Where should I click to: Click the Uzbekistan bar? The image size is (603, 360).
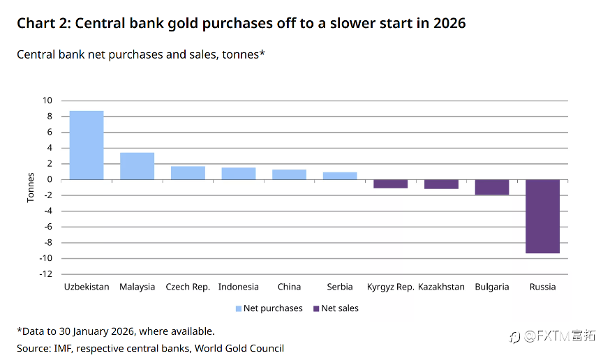(x=87, y=145)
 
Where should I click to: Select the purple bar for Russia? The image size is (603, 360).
(x=542, y=216)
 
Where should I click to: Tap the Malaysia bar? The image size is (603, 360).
(x=137, y=166)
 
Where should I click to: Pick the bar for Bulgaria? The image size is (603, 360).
(x=492, y=187)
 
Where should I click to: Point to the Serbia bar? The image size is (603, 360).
(x=340, y=176)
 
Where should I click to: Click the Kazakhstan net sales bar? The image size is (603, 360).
(x=441, y=184)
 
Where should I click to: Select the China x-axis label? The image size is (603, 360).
(x=289, y=287)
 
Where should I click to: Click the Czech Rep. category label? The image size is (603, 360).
(x=188, y=287)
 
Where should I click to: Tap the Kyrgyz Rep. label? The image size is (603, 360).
(x=390, y=287)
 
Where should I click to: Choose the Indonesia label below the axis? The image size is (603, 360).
(x=238, y=287)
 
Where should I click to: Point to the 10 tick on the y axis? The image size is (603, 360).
(x=47, y=100)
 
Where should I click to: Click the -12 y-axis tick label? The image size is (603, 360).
(x=46, y=274)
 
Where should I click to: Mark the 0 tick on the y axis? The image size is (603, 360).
(x=50, y=179)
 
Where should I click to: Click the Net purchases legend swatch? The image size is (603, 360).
(x=238, y=308)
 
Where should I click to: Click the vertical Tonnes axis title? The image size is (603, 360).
(x=31, y=188)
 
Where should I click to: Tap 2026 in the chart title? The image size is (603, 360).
(x=448, y=24)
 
